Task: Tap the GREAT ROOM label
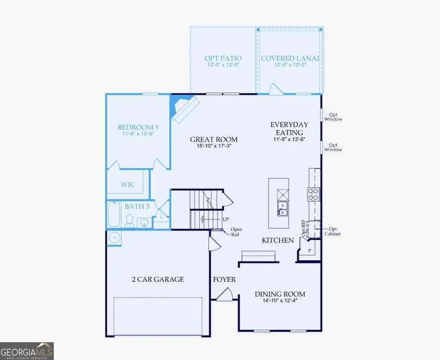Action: (x=210, y=140)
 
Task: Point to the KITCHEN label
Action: (x=278, y=240)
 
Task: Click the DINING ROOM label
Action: (x=280, y=294)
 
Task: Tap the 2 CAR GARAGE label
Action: (x=158, y=279)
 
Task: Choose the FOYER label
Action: (x=224, y=280)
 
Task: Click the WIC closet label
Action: (x=128, y=185)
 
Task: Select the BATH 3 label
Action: (x=137, y=207)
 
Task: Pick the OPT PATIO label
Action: (x=223, y=59)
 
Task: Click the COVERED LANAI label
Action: (x=290, y=59)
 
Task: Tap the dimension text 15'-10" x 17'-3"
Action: (x=210, y=146)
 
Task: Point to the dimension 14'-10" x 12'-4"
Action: (x=280, y=301)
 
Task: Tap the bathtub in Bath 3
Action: (x=113, y=214)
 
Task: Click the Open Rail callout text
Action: (x=236, y=232)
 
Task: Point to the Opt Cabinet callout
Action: (x=333, y=232)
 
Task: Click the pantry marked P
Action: (x=308, y=251)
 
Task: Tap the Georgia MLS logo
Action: (x=27, y=351)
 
